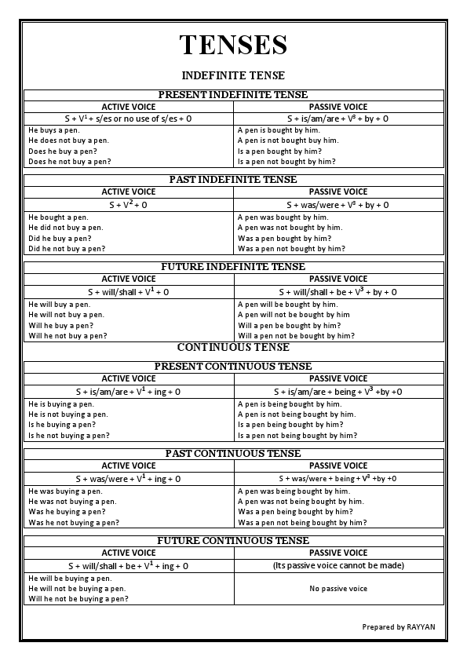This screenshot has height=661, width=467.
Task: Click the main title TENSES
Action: (233, 45)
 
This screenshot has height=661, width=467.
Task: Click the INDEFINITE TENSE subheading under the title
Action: (233, 75)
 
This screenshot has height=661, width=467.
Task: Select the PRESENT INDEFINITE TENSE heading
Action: (233, 95)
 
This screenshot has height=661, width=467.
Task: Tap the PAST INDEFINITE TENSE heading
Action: (233, 180)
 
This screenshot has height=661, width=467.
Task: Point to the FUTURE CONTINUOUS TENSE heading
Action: (233, 541)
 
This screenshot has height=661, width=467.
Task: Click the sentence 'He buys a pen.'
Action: (55, 130)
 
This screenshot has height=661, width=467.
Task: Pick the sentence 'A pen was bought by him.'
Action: (283, 217)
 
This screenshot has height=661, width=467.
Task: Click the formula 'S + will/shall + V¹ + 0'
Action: (129, 291)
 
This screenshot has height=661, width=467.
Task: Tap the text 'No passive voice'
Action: (338, 589)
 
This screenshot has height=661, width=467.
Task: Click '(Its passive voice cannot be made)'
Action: (338, 565)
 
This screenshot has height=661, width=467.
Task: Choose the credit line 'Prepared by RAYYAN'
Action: (399, 627)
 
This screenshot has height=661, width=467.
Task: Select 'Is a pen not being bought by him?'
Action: (297, 435)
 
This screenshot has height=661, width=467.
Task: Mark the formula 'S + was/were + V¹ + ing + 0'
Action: (129, 478)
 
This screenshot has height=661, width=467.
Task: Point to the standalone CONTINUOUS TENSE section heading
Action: (233, 347)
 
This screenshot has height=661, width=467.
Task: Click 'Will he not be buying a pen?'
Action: (78, 599)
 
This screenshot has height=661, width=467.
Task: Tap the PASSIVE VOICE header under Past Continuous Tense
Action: (338, 466)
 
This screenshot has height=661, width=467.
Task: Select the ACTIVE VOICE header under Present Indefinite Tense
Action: (129, 107)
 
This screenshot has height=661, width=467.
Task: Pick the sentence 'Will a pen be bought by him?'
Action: (289, 325)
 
